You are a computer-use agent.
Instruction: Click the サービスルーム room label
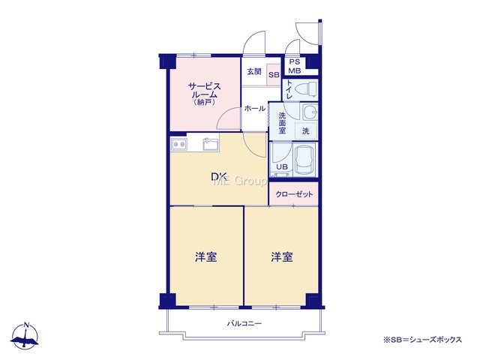[205, 94]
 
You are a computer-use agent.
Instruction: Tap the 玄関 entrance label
[254, 72]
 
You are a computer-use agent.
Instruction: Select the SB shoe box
[274, 75]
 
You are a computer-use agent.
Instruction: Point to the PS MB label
[295, 67]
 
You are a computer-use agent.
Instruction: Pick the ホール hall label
[255, 108]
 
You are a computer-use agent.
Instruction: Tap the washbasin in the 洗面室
[310, 112]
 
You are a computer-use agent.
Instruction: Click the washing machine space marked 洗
[306, 132]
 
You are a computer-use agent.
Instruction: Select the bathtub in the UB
[304, 160]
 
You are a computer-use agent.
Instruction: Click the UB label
[282, 166]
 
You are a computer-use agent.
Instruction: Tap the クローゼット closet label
[294, 194]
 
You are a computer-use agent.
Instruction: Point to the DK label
[219, 176]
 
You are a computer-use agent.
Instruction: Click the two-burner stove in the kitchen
[179, 144]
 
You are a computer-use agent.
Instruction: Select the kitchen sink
[211, 144]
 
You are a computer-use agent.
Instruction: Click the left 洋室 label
[206, 257]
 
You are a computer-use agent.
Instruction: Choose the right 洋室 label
[282, 257]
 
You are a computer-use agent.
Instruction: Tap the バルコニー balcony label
[244, 323]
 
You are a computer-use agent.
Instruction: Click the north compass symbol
[25, 336]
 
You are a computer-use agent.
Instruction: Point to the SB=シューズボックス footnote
[422, 340]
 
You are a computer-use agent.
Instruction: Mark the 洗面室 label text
[282, 123]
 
